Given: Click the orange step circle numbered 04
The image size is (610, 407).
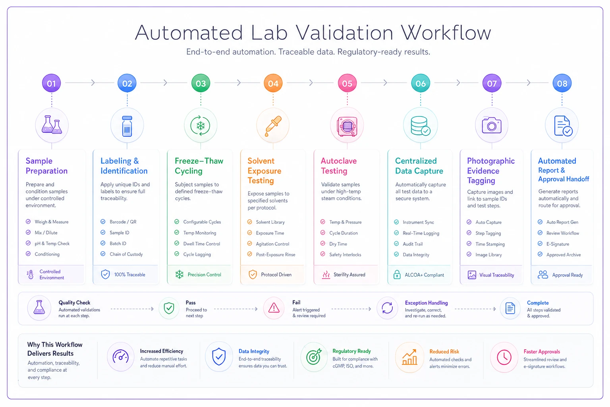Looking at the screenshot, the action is pyautogui.click(x=273, y=83).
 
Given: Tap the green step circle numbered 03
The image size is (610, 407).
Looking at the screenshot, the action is pyautogui.click(x=201, y=83).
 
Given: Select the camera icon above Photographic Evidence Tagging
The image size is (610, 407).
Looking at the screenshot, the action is pyautogui.click(x=492, y=125).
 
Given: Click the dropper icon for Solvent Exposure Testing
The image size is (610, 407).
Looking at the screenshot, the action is pyautogui.click(x=273, y=126).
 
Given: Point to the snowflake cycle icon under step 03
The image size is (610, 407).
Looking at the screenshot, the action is pyautogui.click(x=201, y=126).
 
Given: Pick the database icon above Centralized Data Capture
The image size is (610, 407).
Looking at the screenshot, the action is pyautogui.click(x=421, y=126).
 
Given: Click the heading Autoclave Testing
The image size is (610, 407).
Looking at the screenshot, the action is pyautogui.click(x=339, y=166).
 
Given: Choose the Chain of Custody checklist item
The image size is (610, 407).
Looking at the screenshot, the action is pyautogui.click(x=126, y=254).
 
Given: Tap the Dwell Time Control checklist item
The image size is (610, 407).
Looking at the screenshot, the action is pyautogui.click(x=201, y=244).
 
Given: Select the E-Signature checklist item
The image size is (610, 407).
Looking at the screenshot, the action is pyautogui.click(x=558, y=244).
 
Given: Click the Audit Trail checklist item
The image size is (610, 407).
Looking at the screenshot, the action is pyautogui.click(x=413, y=244).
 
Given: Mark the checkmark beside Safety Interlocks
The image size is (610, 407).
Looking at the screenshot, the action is pyautogui.click(x=323, y=254).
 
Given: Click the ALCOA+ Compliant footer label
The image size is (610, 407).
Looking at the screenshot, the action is pyautogui.click(x=424, y=275).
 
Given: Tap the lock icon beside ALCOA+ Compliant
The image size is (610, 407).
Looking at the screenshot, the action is pyautogui.click(x=397, y=275).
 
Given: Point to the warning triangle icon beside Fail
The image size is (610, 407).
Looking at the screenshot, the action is pyautogui.click(x=274, y=308).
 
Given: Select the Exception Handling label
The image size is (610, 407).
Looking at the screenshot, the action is pyautogui.click(x=426, y=302).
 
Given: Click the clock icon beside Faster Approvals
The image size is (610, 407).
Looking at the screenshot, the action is pyautogui.click(x=504, y=357).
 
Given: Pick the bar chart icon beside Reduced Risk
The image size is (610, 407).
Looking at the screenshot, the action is pyautogui.click(x=409, y=357).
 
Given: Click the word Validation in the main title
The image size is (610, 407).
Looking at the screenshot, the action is pyautogui.click(x=344, y=33).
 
